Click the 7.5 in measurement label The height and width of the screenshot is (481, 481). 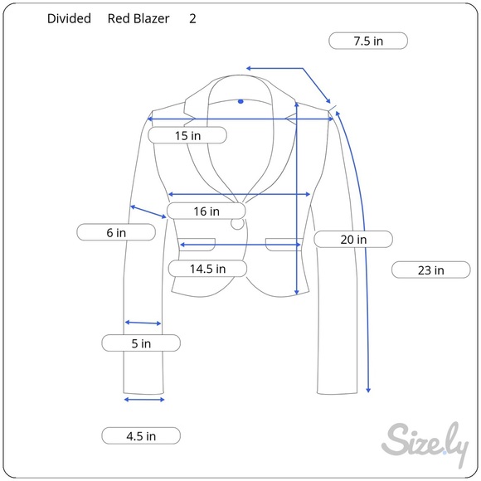coord(368,41)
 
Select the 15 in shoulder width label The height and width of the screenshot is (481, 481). coord(187,135)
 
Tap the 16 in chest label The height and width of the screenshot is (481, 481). coord(206,211)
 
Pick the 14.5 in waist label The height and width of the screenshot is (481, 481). coord(207,269)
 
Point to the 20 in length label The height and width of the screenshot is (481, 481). coord(353,240)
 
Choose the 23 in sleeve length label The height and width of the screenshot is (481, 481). coord(431,270)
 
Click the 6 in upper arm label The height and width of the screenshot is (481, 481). coord(116,232)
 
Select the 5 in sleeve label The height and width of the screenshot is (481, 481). coord(141,343)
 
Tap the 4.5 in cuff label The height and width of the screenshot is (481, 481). coord(141,435)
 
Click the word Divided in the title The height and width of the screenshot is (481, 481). coord(69,18)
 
